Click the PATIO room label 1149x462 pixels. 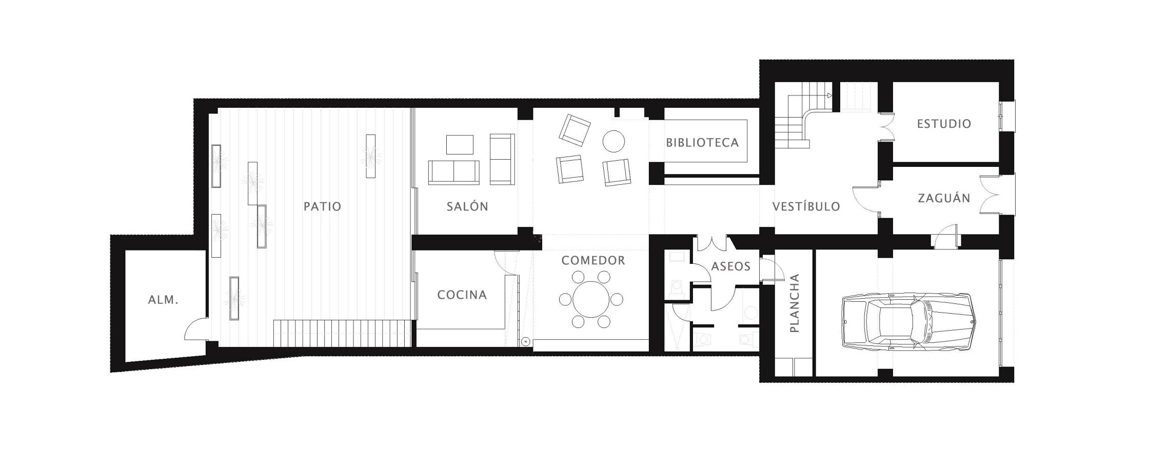(322, 206)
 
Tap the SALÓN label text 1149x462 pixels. (467, 206)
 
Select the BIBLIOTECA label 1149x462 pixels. (702, 143)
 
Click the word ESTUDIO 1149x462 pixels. (944, 124)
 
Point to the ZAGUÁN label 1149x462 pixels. (944, 198)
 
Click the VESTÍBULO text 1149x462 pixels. (806, 206)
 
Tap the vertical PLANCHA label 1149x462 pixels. (794, 303)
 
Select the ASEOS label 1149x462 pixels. (730, 266)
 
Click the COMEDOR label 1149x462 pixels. (593, 260)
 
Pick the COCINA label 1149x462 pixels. (462, 295)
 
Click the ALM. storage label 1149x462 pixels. (163, 300)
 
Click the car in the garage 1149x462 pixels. (908, 322)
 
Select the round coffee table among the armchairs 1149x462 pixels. (613, 140)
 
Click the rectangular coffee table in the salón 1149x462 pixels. (460, 144)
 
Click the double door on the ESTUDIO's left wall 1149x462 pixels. (886, 127)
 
